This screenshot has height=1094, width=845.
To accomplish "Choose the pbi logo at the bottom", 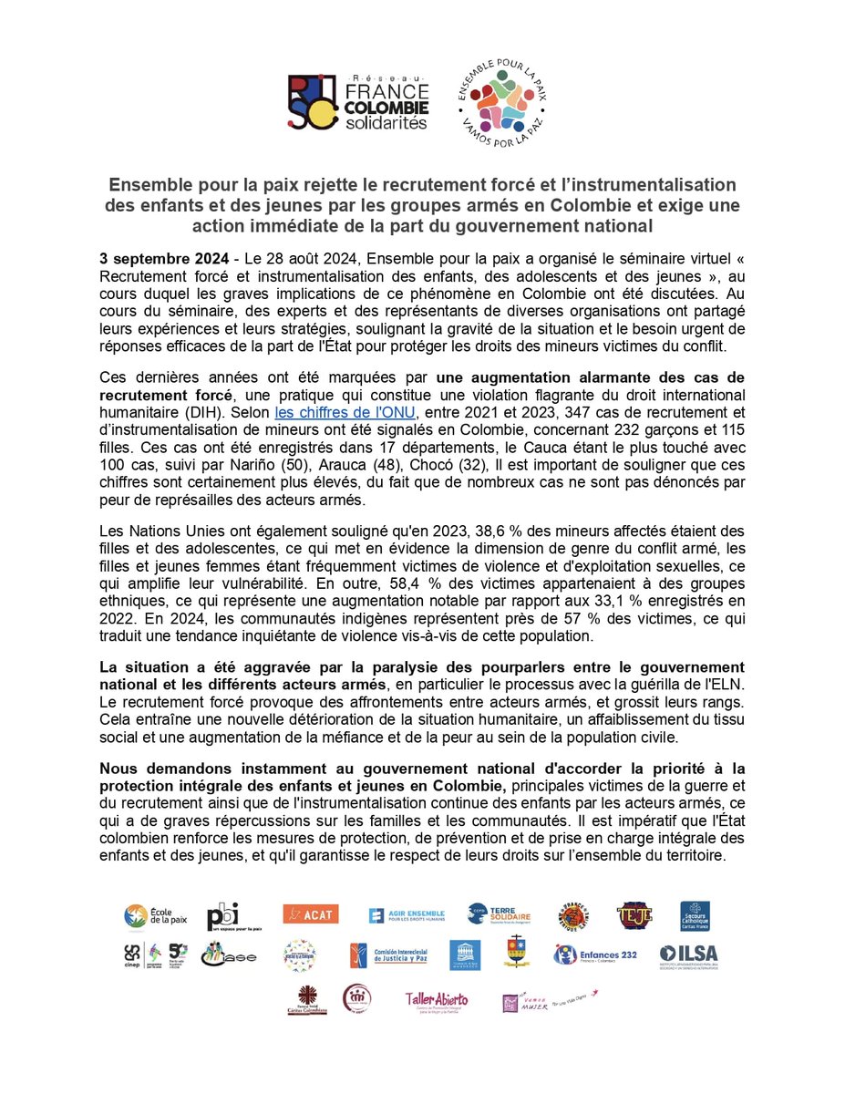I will pyautogui.click(x=232, y=915).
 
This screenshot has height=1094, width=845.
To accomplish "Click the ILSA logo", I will pyautogui.click(x=693, y=955).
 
